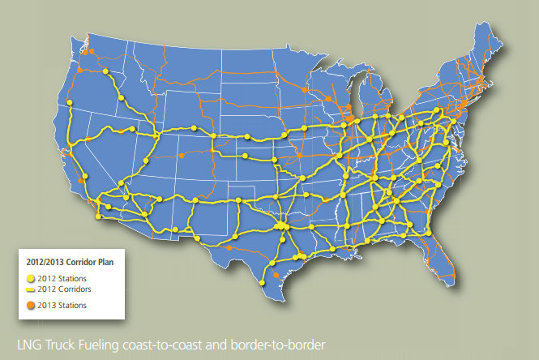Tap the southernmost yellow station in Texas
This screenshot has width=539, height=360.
click(x=261, y=281)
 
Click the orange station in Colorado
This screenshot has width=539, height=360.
click(x=181, y=155)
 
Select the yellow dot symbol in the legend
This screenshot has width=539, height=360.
click(x=31, y=278)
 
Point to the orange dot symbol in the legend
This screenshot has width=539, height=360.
click(x=31, y=305)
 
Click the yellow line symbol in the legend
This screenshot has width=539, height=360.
click(x=31, y=289)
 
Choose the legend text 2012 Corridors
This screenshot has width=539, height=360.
click(x=65, y=289)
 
